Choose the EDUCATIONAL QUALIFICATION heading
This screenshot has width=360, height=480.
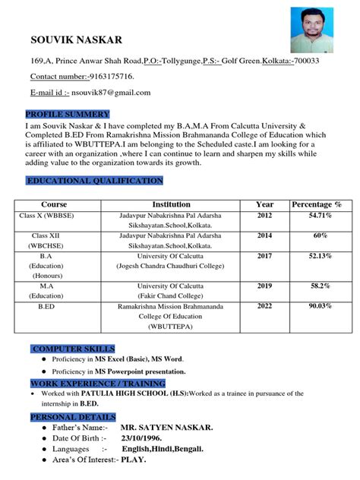(95, 181)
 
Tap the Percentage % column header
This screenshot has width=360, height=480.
(317, 204)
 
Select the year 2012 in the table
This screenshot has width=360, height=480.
(264, 216)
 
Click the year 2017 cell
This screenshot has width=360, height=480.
(264, 256)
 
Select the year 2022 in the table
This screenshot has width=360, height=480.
(264, 306)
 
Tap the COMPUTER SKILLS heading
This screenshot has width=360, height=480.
(74, 348)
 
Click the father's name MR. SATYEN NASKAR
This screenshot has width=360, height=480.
(166, 428)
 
